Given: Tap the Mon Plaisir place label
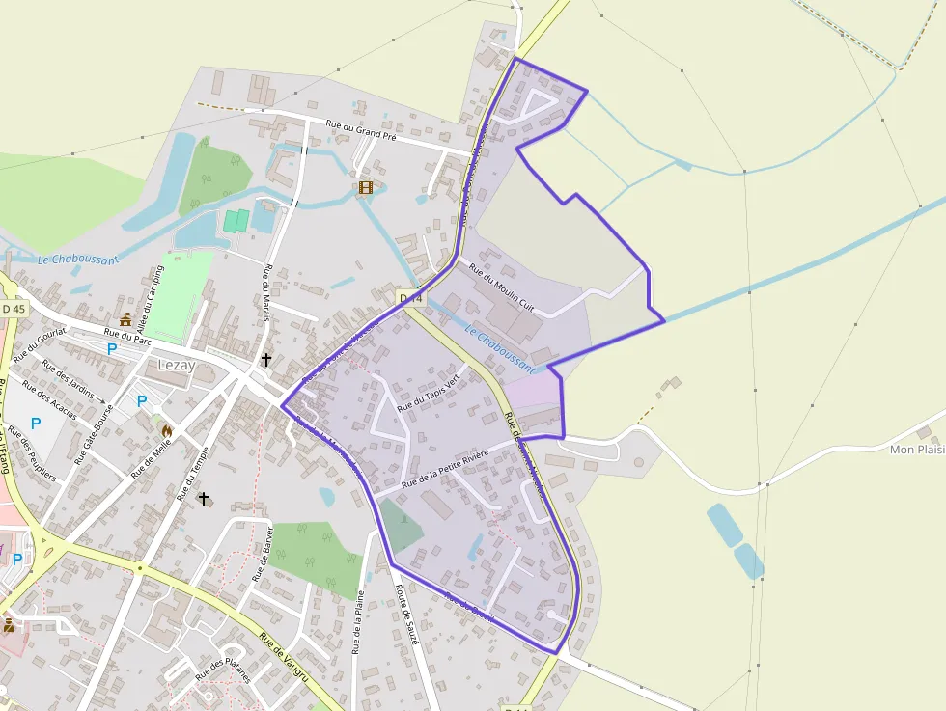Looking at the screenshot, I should (916, 450).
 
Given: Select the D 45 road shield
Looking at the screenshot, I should (14, 308).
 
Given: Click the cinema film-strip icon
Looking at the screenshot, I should (366, 187).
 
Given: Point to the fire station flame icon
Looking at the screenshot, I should (166, 430).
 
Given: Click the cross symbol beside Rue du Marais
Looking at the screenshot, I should (266, 359).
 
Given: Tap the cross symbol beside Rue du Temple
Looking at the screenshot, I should (203, 499).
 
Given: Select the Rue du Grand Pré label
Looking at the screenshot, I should (361, 130).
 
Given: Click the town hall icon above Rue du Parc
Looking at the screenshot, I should (125, 319).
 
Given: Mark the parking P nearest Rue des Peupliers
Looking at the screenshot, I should (36, 423).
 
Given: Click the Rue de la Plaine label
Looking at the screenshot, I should (358, 622).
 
